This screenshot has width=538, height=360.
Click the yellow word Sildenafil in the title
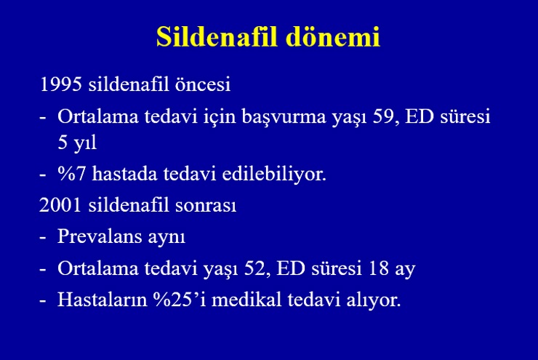tap(217, 36)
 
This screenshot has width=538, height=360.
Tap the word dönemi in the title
tap(333, 36)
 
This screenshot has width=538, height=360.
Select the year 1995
tap(61, 84)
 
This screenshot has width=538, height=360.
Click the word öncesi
tap(203, 84)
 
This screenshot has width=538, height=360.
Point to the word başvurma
tap(284, 116)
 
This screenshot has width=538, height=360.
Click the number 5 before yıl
tap(63, 142)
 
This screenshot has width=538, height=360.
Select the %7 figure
tap(72, 174)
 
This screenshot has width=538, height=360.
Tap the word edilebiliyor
tap(274, 174)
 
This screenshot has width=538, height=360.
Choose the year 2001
tap(60, 205)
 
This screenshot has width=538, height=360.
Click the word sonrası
tap(206, 206)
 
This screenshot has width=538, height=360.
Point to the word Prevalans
tap(100, 236)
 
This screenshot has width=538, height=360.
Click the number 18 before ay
tap(379, 268)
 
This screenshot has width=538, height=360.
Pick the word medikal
tap(246, 299)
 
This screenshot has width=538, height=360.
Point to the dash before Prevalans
tap(43, 238)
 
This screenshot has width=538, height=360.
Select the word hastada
tap(124, 174)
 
